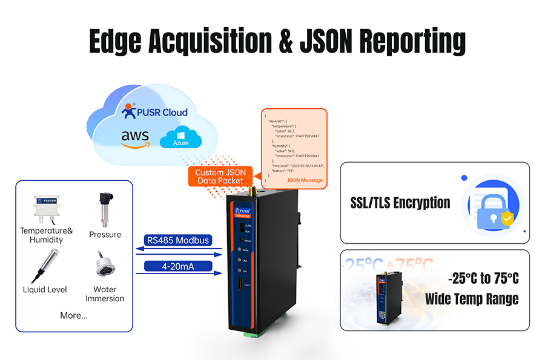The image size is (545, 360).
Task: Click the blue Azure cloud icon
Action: [x=180, y=137]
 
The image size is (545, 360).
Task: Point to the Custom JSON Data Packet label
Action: [x=219, y=177]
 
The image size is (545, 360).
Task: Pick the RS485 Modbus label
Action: [x=178, y=240]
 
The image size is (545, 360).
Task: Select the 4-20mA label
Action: [x=178, y=266]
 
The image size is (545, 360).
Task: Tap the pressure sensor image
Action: [x=104, y=209]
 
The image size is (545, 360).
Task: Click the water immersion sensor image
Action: [x=104, y=267]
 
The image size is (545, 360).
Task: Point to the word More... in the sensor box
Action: [x=74, y=315]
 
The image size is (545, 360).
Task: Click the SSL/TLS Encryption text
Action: [x=400, y=203]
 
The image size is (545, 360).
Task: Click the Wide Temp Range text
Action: [x=472, y=298]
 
